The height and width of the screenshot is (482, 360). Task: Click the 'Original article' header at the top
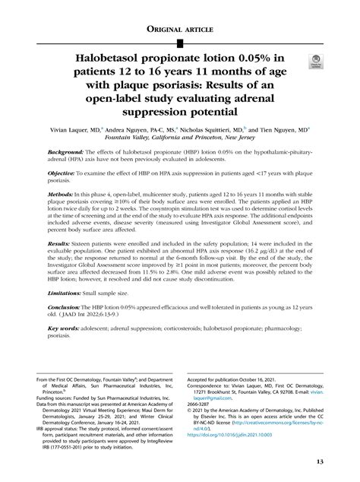coord(179,28)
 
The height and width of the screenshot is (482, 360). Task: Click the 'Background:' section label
coord(68,154)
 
